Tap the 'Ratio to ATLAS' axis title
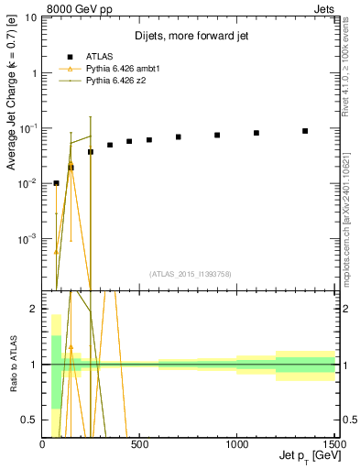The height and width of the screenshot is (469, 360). (x=13, y=365)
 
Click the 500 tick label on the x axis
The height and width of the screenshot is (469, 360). (x=139, y=445)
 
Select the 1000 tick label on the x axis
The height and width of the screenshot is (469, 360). (x=237, y=445)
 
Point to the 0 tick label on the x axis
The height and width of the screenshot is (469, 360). (x=42, y=445)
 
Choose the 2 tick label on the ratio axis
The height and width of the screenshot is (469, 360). (x=33, y=309)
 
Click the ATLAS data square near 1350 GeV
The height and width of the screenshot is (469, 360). (x=305, y=131)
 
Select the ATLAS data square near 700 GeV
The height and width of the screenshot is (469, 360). (x=179, y=137)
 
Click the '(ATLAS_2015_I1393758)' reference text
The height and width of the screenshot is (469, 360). (x=189, y=273)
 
